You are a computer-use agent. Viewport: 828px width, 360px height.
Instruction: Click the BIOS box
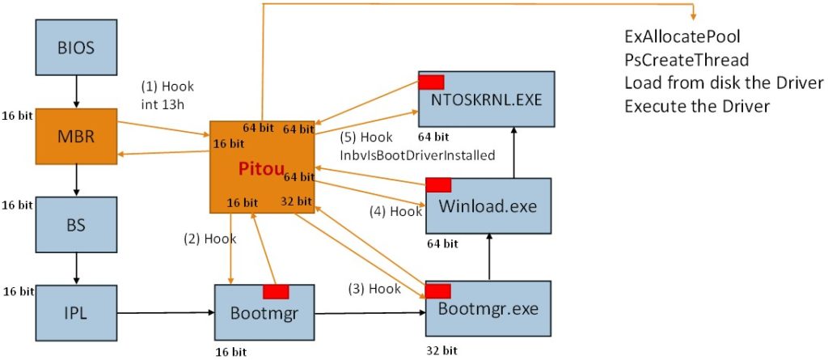76,48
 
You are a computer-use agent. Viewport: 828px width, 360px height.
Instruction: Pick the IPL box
76,311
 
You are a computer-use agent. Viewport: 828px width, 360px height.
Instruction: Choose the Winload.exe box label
488,205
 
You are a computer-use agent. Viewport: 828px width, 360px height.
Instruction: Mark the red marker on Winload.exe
438,184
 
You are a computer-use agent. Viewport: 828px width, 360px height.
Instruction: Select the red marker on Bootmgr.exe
438,290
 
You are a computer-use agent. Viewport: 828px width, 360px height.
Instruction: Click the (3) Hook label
374,288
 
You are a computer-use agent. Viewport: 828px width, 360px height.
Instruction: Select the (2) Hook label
209,239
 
